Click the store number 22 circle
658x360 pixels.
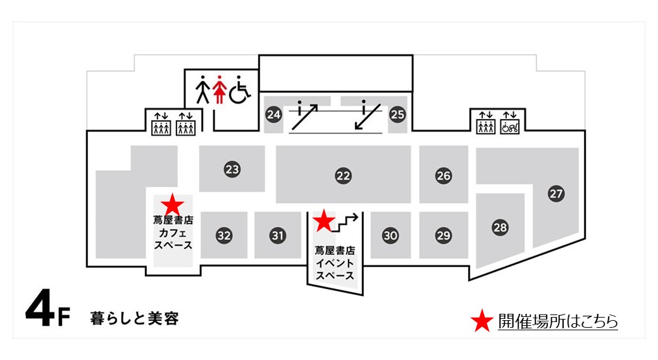[344, 176]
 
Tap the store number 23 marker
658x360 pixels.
[232, 170]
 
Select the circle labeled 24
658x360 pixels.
[273, 114]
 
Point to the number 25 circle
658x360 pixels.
[397, 114]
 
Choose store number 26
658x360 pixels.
[444, 176]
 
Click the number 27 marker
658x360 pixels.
[556, 194]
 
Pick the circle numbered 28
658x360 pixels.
[500, 227]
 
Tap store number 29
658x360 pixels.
[444, 235]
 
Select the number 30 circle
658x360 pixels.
[390, 235]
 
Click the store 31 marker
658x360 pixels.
[278, 235]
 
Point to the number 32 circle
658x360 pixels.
[224, 235]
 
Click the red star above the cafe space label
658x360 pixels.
[173, 205]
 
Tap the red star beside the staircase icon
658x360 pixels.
[325, 221]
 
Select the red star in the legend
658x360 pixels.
[481, 321]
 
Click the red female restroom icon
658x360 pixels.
[219, 89]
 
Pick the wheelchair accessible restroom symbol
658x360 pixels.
[240, 89]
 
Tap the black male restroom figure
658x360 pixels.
[202, 89]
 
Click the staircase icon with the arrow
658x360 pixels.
[345, 223]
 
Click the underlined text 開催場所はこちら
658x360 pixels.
[557, 321]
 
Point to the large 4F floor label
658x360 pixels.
[47, 307]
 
